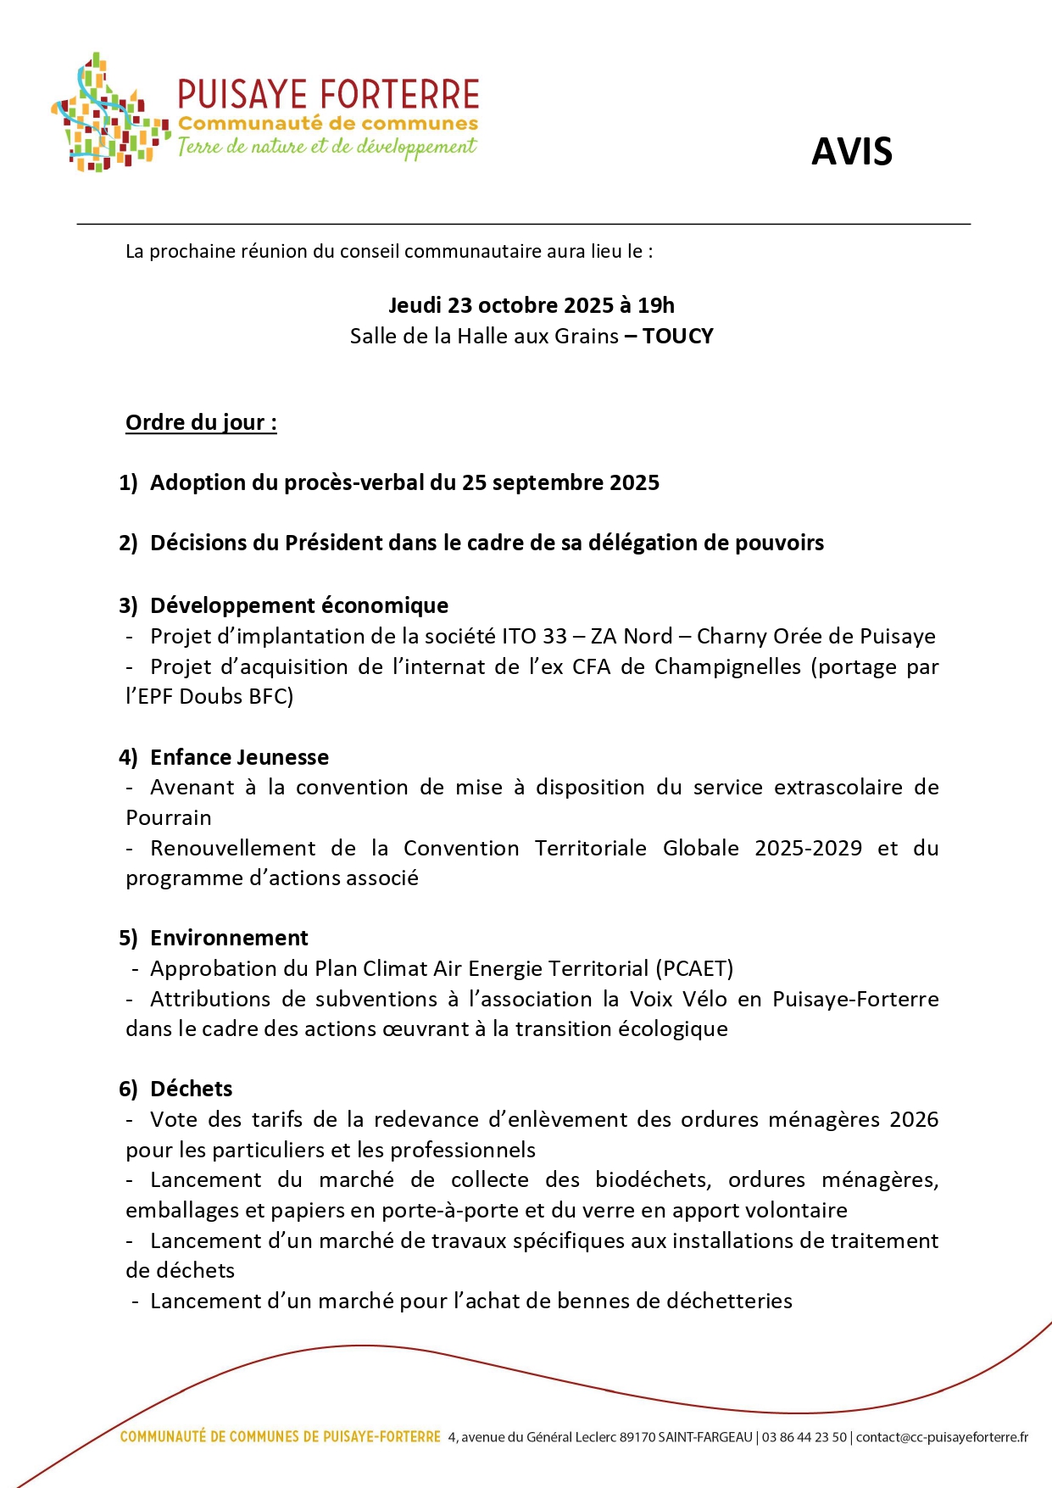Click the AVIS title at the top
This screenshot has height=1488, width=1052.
851,152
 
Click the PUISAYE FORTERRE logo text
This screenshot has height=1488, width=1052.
328,95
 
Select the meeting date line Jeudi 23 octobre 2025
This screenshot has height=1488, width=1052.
531,305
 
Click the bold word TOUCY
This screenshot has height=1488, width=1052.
678,337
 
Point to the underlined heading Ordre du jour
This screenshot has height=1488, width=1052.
201,422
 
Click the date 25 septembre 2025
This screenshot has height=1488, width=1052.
560,482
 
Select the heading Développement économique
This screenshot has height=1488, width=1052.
299,605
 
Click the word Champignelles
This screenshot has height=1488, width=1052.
727,667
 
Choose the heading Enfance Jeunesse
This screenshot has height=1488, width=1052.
239,757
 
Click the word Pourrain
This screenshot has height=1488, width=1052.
169,818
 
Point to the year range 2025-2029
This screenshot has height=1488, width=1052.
808,849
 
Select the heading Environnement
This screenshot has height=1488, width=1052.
229,938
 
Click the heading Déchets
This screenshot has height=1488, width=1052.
191,1089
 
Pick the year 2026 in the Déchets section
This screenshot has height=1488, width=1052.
914,1120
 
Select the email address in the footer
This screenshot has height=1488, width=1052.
942,1437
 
